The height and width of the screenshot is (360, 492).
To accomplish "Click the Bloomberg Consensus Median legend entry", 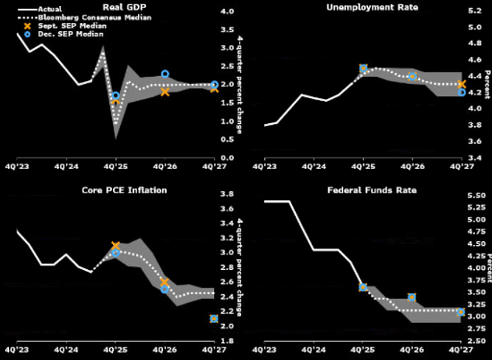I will pyautogui.click(x=70, y=16).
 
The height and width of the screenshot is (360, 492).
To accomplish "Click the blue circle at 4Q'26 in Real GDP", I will pyautogui.click(x=165, y=75).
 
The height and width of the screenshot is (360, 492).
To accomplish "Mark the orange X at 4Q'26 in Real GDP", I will pyautogui.click(x=165, y=91).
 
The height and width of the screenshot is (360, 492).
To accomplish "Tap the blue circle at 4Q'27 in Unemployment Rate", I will pyautogui.click(x=462, y=91).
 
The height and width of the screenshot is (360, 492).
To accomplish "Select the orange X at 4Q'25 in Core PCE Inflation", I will pyautogui.click(x=116, y=246).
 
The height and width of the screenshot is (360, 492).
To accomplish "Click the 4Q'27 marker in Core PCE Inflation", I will pyautogui.click(x=214, y=319).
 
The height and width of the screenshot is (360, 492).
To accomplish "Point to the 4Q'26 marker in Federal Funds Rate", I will pyautogui.click(x=412, y=297).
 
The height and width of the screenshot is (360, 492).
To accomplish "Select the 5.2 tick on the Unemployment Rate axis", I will pyautogui.click(x=474, y=12).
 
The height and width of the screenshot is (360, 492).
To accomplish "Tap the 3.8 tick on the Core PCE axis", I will pyautogui.click(x=226, y=195).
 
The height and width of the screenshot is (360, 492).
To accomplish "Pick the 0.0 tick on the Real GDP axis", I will pyautogui.click(x=226, y=158).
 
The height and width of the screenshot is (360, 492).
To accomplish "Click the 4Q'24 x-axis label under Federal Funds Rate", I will pyautogui.click(x=313, y=351).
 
